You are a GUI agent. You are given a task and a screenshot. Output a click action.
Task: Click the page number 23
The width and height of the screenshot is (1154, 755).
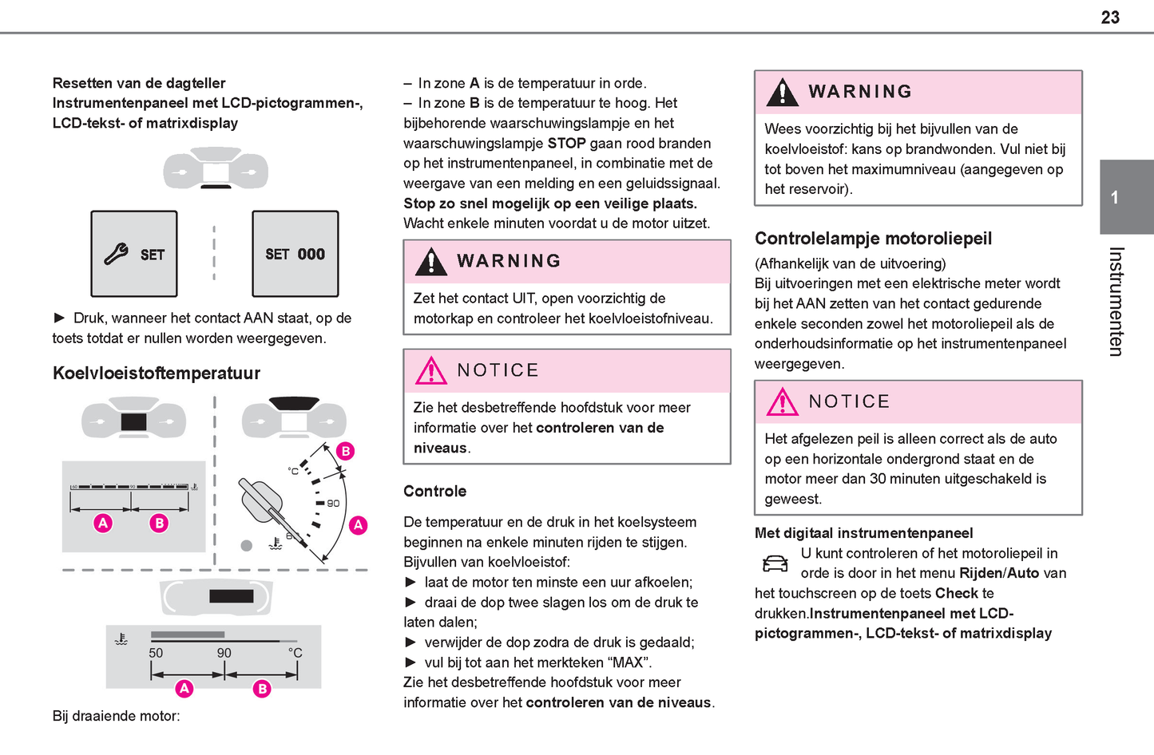click(1110, 18)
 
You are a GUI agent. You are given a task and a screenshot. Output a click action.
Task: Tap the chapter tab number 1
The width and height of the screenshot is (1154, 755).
click(1114, 197)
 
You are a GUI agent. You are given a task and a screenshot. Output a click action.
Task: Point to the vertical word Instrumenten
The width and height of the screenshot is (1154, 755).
click(1116, 301)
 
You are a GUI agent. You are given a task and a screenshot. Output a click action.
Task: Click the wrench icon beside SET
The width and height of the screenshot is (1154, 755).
click(116, 254)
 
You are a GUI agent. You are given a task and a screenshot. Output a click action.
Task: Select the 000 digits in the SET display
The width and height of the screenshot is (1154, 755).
click(311, 254)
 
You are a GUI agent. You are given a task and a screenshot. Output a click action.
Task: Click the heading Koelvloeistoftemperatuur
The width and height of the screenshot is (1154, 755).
click(157, 373)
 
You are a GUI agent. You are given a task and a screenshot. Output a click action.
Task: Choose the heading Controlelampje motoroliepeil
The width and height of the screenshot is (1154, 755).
click(873, 238)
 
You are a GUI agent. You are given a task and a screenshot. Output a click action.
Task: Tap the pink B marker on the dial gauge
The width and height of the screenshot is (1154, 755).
click(345, 451)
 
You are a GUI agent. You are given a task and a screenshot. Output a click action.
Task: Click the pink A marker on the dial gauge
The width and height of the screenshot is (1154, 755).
click(358, 524)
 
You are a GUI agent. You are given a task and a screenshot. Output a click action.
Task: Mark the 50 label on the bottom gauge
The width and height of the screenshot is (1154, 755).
click(156, 653)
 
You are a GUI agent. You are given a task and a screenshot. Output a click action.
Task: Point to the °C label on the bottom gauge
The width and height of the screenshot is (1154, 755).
click(295, 653)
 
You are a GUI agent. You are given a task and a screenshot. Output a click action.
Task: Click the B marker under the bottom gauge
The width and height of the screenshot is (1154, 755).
click(262, 688)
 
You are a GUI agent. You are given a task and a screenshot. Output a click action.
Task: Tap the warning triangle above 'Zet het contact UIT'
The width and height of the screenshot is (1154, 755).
click(431, 262)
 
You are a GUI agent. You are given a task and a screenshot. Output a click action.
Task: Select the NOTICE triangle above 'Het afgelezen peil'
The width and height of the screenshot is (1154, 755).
click(782, 401)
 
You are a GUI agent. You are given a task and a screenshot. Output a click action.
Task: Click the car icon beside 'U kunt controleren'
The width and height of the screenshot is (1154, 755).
click(774, 563)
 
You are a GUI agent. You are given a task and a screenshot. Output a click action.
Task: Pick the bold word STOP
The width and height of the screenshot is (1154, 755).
click(566, 143)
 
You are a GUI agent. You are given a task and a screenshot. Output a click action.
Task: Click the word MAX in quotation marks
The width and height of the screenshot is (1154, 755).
click(629, 662)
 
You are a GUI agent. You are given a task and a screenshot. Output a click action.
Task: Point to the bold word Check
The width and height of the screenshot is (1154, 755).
click(956, 593)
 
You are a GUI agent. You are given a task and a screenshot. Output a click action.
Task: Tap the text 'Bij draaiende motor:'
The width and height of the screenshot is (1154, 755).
click(117, 716)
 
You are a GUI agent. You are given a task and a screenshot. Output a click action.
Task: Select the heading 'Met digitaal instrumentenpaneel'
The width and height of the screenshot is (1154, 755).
click(863, 533)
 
